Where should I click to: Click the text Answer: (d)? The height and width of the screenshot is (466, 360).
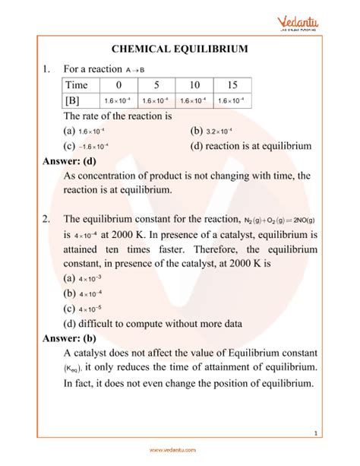point(66,160)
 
